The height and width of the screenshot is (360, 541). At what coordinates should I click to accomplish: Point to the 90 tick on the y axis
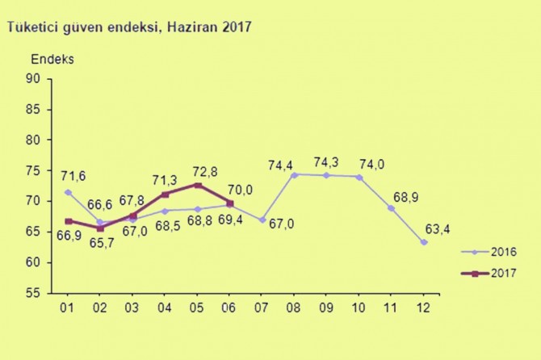click(x=33, y=78)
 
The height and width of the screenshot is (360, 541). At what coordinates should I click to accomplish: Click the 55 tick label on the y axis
click(x=33, y=294)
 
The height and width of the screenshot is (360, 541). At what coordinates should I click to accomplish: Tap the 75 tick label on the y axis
click(x=33, y=170)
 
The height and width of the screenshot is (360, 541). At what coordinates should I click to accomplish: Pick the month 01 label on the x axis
click(x=69, y=308)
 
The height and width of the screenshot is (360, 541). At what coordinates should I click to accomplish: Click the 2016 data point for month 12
click(x=424, y=242)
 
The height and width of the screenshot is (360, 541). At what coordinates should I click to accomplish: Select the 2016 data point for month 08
click(x=296, y=174)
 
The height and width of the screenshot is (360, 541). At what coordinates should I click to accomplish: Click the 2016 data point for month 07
click(x=263, y=220)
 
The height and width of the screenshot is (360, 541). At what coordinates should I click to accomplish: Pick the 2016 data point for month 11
click(x=392, y=208)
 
